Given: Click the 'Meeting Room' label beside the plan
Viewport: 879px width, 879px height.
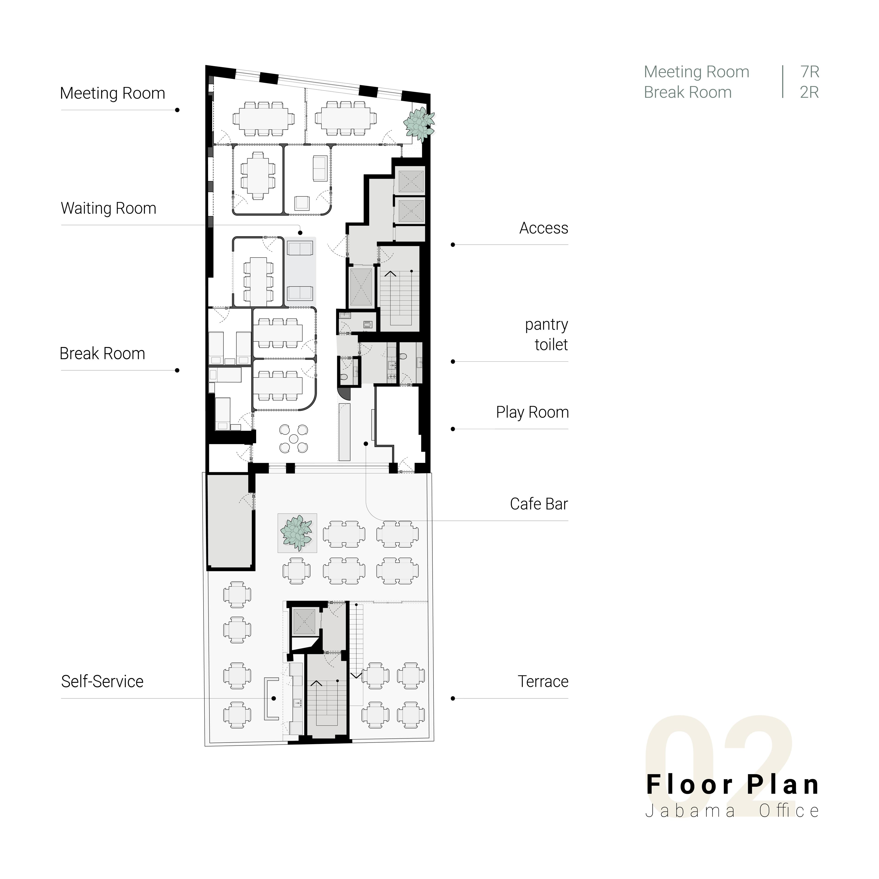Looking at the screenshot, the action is [112, 93].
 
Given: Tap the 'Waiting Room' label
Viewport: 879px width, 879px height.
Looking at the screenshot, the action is [109, 208].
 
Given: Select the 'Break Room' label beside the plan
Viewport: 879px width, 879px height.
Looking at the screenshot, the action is [102, 353].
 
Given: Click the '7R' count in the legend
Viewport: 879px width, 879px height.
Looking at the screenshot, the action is [810, 72].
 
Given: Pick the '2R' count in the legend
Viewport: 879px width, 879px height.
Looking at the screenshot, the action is [809, 92].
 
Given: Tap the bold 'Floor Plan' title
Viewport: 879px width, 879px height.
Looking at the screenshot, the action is [733, 785].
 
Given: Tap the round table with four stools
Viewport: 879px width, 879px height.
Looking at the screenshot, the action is [293, 439].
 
